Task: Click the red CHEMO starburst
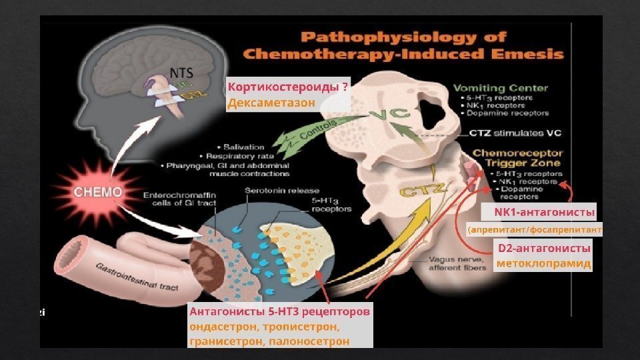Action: point(98,191)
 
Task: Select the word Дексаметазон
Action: point(271,104)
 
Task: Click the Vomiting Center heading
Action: point(500,87)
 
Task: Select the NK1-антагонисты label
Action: point(544,211)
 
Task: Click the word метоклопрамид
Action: point(544,264)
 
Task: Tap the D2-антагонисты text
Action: point(544,248)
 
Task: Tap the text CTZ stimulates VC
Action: point(514,133)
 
